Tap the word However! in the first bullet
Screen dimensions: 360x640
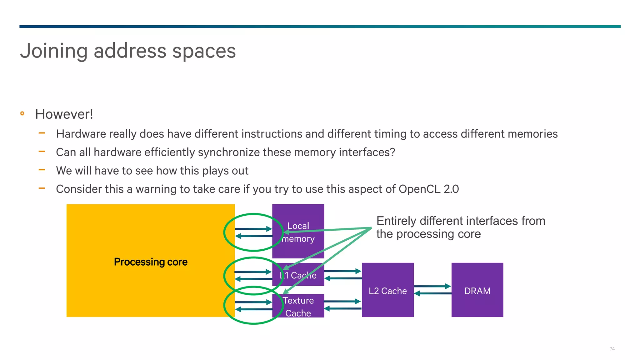[x=64, y=114]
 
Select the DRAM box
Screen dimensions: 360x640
[x=477, y=290]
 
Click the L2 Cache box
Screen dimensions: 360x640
[x=387, y=290]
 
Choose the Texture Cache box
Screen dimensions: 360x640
[x=298, y=306]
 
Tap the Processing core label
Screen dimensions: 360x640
[x=151, y=262]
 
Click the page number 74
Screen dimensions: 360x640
[x=612, y=349]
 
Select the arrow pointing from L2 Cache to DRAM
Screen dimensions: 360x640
[x=432, y=286]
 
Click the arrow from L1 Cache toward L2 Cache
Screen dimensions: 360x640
[x=342, y=271]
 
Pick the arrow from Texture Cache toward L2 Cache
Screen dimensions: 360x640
[x=342, y=302]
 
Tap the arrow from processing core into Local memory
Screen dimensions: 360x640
[x=253, y=229]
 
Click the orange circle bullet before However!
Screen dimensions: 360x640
[x=22, y=113]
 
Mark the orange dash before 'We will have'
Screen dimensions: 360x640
[x=42, y=170]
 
